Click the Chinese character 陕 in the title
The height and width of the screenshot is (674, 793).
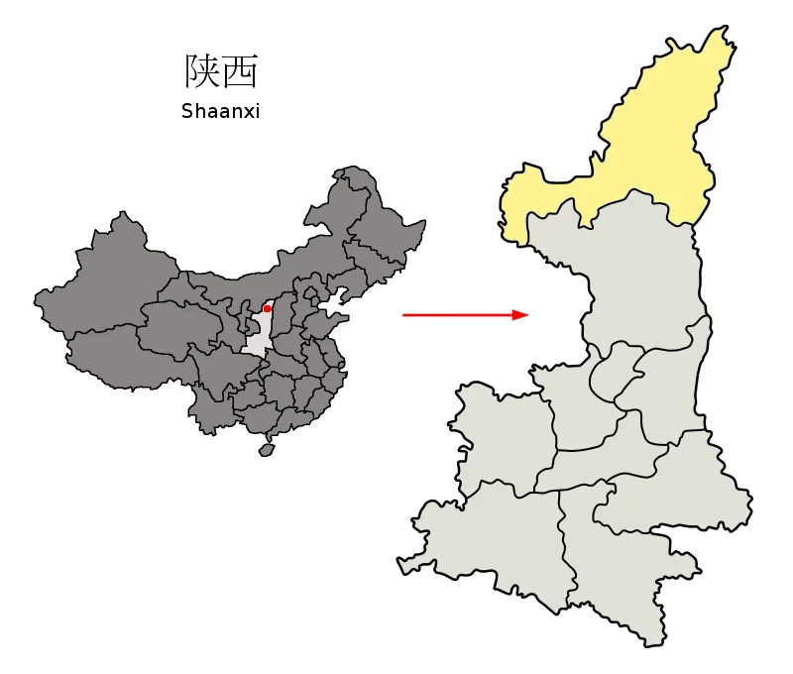202,70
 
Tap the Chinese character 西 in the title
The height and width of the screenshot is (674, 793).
240,70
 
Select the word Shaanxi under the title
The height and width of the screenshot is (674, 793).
220,111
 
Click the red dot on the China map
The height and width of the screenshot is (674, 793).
267,309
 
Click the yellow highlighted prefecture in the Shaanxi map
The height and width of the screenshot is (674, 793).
634,149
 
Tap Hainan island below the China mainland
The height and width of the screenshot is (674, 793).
266,449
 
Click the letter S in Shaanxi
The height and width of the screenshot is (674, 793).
186,111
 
